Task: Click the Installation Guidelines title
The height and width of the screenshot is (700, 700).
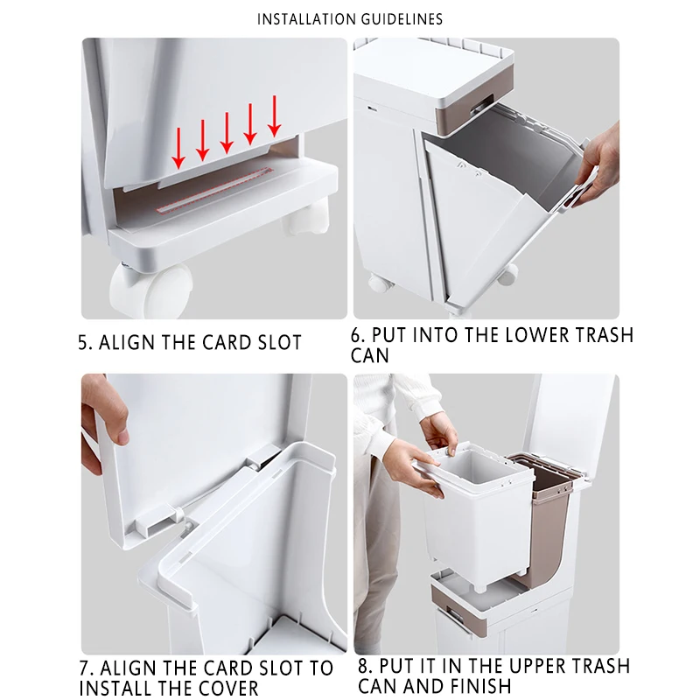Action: coord(349,19)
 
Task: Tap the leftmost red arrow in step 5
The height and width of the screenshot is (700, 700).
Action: coord(178,148)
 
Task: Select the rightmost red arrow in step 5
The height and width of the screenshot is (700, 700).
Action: coord(274,116)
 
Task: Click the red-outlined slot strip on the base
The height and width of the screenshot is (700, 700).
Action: coord(214,190)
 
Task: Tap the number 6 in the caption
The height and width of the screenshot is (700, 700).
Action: coord(356,336)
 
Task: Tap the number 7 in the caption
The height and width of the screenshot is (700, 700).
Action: coord(85,668)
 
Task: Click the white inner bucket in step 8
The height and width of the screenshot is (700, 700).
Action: coord(478,518)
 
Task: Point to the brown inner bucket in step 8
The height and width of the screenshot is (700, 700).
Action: coord(547,518)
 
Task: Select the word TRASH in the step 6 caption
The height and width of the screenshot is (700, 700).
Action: coord(604,335)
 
